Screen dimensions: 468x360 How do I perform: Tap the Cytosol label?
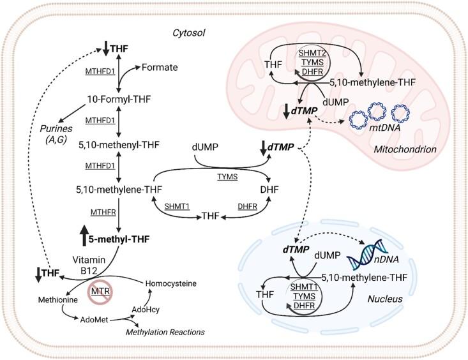point(188,33)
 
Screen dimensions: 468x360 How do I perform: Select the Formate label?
point(160,67)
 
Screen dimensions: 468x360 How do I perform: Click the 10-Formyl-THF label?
point(119,99)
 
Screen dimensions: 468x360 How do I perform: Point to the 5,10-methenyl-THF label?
point(119,145)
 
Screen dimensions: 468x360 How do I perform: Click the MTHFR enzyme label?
point(103,213)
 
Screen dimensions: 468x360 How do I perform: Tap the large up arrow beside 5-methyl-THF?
point(84,236)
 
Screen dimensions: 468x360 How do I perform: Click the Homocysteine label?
point(170,283)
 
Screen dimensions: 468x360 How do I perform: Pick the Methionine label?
point(58,300)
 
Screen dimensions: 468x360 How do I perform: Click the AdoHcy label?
point(146,310)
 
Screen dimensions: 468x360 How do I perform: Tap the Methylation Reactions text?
point(165,332)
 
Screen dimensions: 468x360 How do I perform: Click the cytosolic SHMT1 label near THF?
point(177,207)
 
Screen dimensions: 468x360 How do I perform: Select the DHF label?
point(269,190)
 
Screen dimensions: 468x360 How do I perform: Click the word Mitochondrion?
point(405,149)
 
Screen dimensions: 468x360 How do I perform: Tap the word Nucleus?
point(385,299)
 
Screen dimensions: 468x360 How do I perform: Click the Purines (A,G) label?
point(56,134)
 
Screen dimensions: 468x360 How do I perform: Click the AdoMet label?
point(94,320)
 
